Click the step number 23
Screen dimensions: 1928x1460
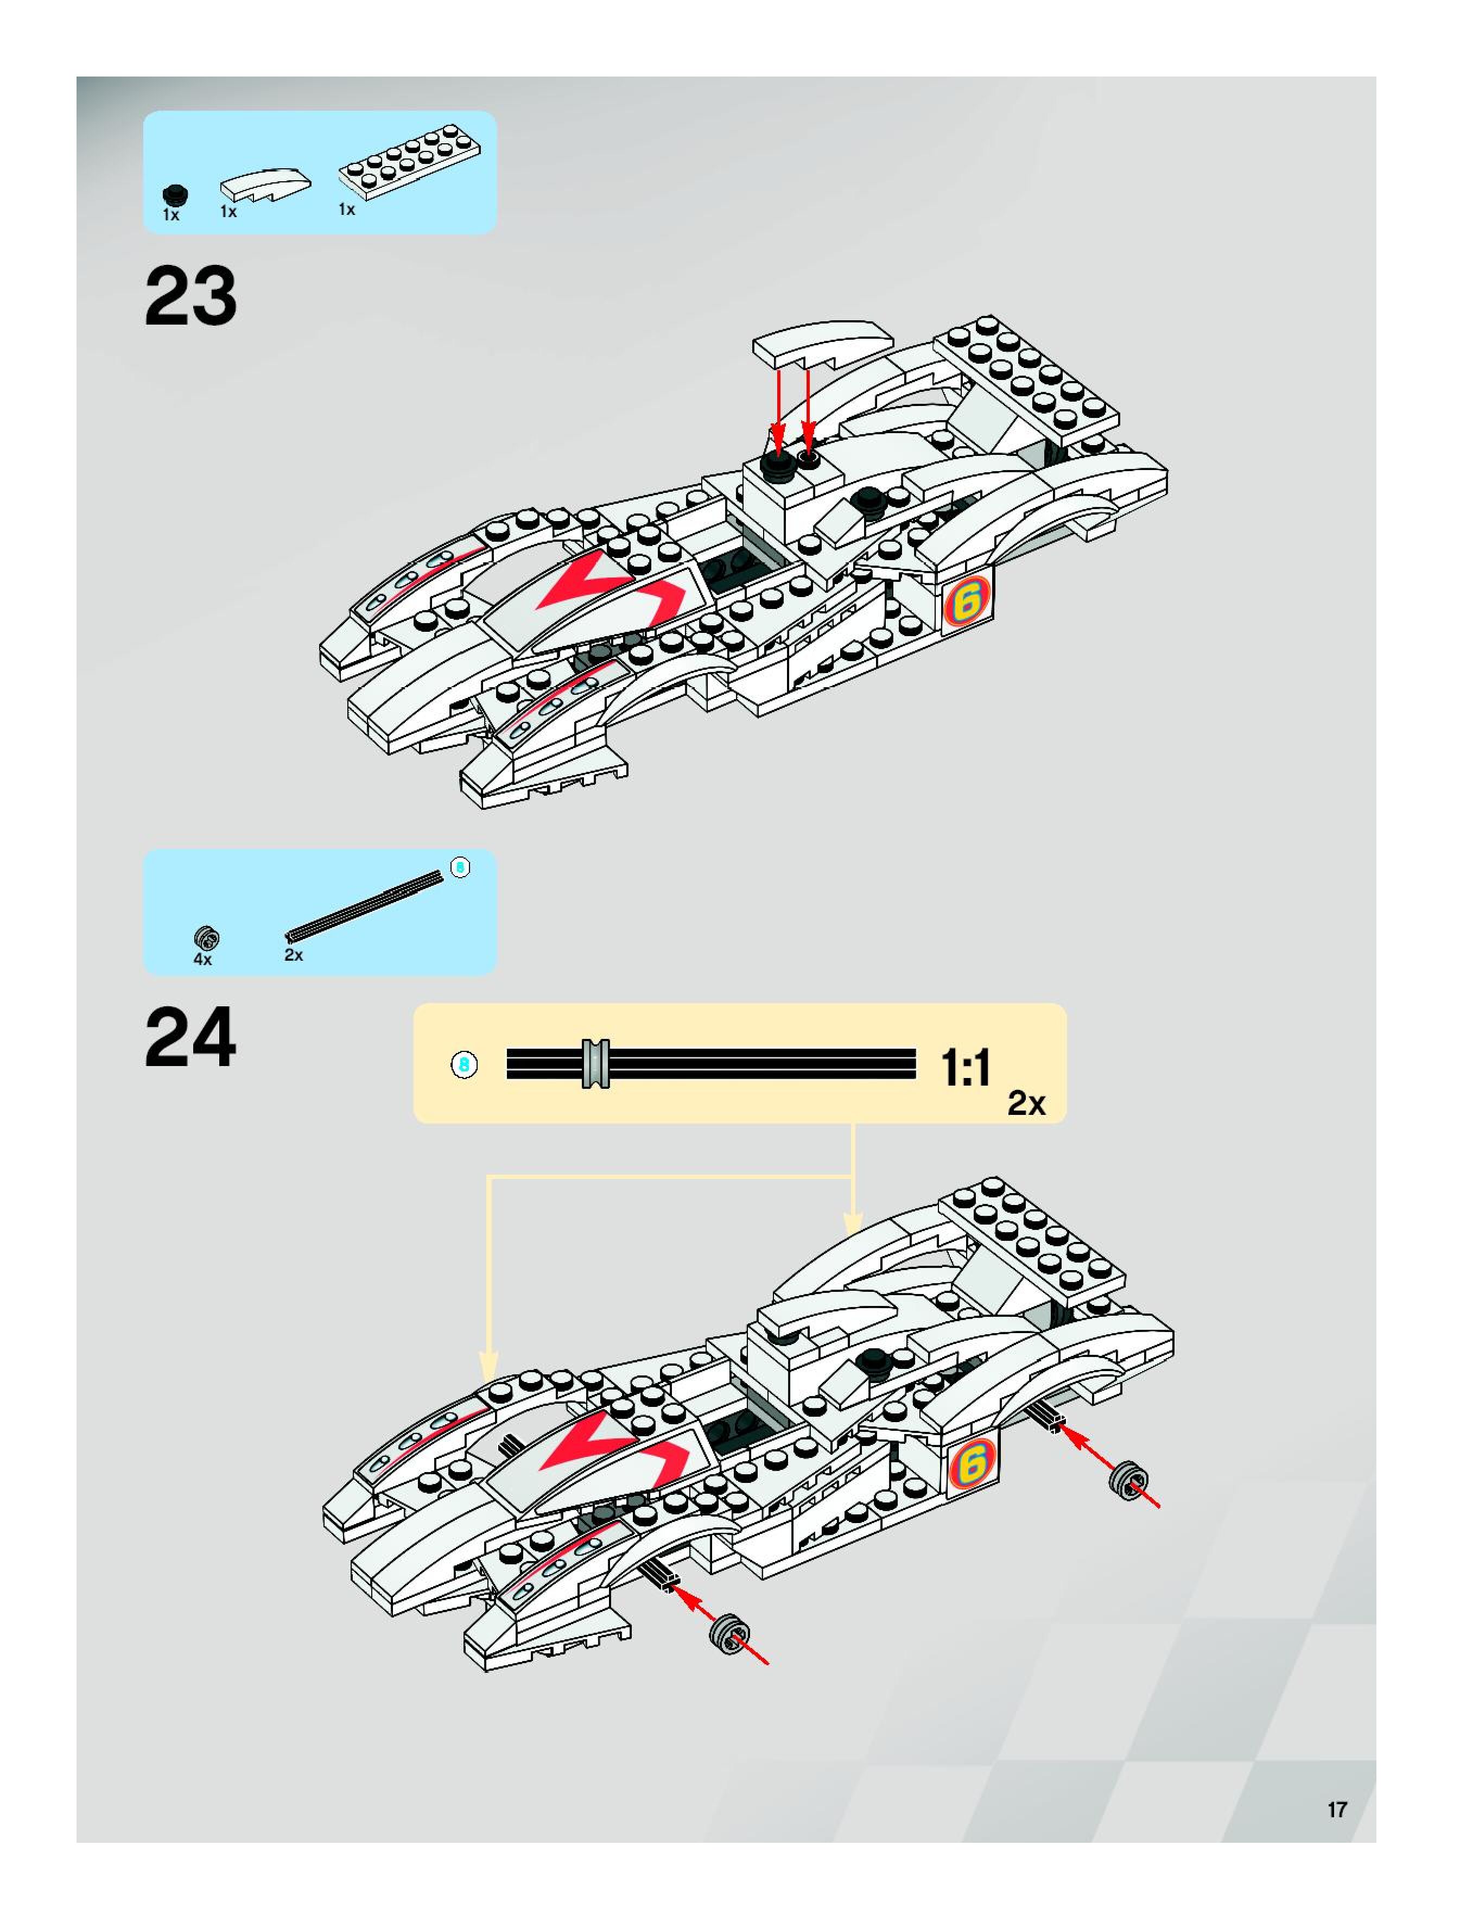[x=190, y=296]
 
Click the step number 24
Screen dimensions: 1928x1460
[x=190, y=1037]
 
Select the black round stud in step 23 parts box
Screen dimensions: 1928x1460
[x=175, y=195]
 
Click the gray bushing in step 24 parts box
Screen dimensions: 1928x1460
[x=207, y=938]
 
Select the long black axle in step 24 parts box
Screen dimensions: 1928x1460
[x=364, y=906]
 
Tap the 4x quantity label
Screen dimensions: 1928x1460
[x=202, y=959]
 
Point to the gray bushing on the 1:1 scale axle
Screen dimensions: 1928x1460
[x=596, y=1063]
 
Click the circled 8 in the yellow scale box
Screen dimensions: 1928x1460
[x=464, y=1064]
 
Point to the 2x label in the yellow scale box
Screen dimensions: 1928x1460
[x=1026, y=1103]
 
